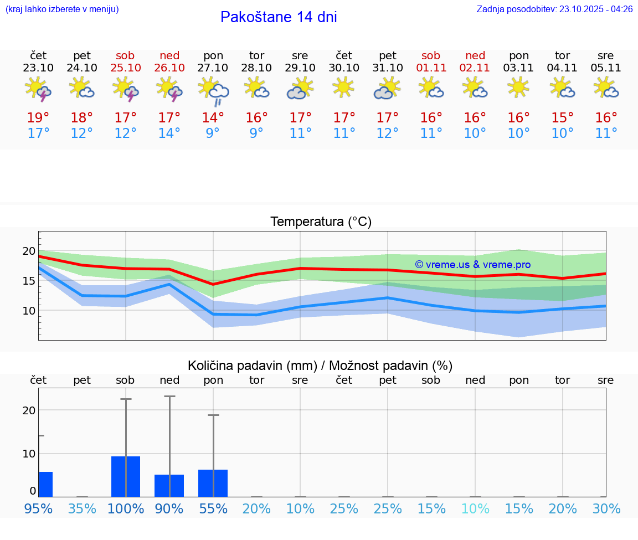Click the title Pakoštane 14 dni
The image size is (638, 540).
coord(279,17)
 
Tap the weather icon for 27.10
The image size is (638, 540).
coord(213,90)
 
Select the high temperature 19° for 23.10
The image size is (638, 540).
coord(38,117)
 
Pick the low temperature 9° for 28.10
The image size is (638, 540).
coord(256,133)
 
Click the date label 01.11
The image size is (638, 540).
coord(431,68)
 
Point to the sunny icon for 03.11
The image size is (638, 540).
coord(518,88)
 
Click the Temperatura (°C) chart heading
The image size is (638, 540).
coord(321,222)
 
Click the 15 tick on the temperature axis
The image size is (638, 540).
coord(29,281)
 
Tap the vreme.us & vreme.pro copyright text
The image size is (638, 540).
coord(472,265)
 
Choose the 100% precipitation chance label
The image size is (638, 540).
coord(126,509)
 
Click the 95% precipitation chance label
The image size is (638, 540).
coord(39,509)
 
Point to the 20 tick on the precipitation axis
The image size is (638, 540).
coord(29,410)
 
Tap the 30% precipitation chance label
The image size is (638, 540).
coord(606,509)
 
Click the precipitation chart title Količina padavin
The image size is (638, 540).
coord(320,366)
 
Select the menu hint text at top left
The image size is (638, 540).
coord(62,9)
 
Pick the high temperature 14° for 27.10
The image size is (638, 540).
coord(213,117)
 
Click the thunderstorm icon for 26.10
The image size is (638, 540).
coord(169,89)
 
